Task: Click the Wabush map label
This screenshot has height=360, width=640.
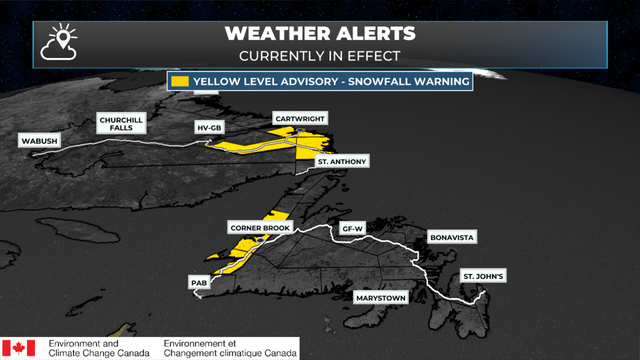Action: [x=39, y=141]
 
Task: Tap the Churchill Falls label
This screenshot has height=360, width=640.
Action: [x=121, y=124]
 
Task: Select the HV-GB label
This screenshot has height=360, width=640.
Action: [x=209, y=128]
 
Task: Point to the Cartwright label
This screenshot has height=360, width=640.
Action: [x=300, y=119]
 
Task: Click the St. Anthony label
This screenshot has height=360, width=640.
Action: [x=342, y=162]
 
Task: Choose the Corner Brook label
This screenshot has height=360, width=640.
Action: [x=260, y=228]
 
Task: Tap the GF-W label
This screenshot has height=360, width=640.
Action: [x=352, y=229]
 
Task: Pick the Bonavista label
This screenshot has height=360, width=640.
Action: [x=452, y=238]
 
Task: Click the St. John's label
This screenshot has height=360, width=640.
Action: [x=483, y=276]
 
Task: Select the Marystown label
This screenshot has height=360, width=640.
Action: [x=381, y=298]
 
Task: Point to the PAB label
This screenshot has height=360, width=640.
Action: [x=199, y=283]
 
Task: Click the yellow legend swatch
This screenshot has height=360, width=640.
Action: [x=180, y=81]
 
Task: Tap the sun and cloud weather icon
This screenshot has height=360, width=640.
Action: [x=59, y=42]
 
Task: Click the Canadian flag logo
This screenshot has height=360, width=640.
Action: [x=19, y=348]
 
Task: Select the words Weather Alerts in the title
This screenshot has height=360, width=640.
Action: [x=320, y=34]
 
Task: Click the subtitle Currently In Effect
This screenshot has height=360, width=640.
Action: [x=320, y=56]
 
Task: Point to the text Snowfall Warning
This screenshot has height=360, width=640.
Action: [x=409, y=81]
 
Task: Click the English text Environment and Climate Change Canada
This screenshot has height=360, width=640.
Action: [x=99, y=348]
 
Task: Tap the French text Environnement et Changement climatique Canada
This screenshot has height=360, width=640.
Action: [x=230, y=348]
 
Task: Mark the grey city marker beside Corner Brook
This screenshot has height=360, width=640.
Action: [x=260, y=240]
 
